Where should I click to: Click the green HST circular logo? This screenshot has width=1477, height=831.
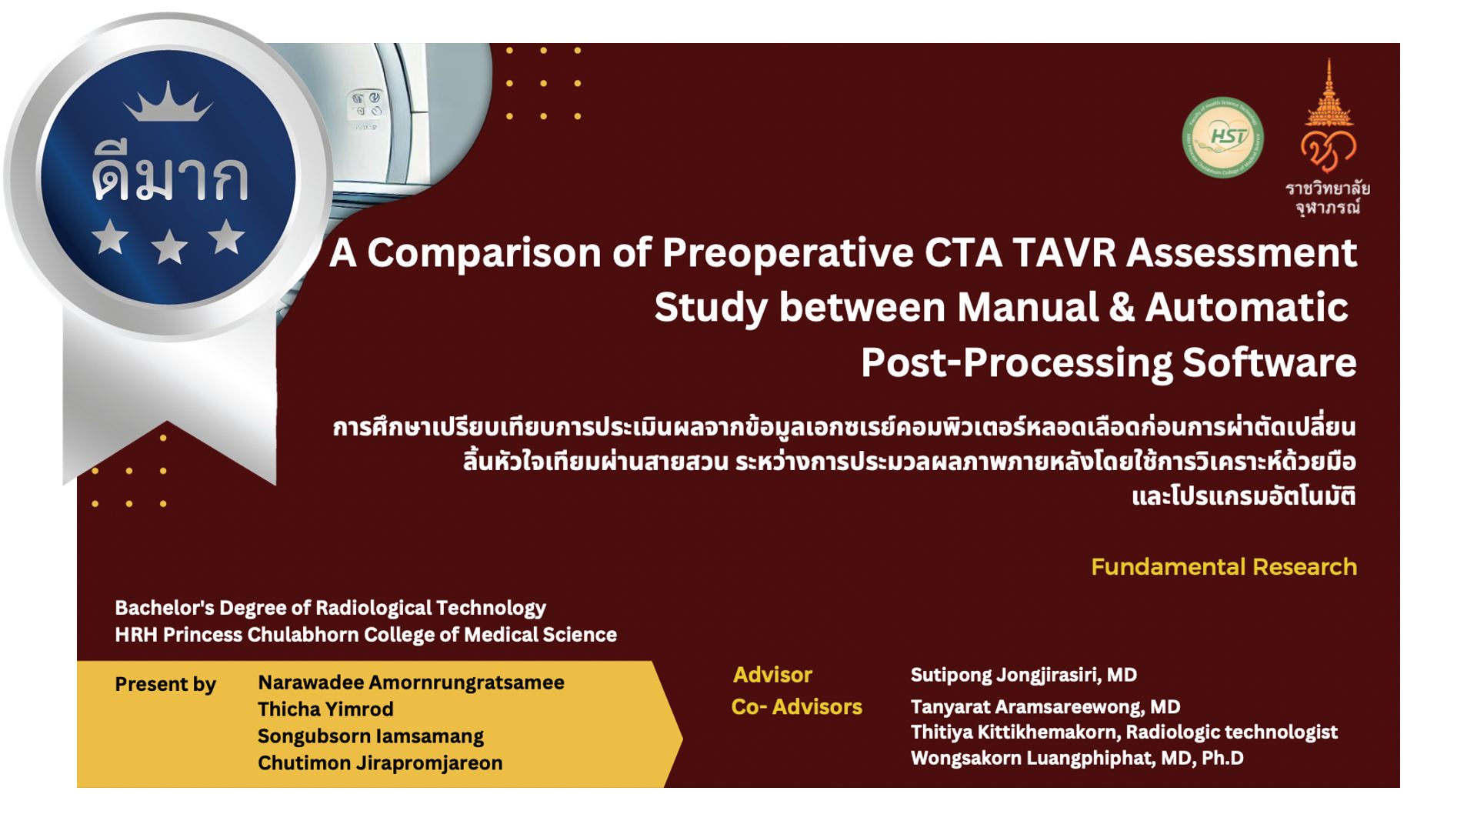tap(1222, 137)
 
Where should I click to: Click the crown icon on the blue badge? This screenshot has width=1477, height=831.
tap(168, 102)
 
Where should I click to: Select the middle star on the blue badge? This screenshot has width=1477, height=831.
tap(169, 247)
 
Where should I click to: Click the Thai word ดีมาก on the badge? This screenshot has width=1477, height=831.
tap(170, 177)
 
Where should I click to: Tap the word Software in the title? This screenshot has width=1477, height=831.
tap(1269, 362)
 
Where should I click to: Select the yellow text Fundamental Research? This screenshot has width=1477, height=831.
tap(1224, 567)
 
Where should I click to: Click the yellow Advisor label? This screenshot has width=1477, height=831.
tap(772, 675)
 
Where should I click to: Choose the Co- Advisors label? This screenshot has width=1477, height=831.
tap(797, 707)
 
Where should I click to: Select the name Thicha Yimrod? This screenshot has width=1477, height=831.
tap(325, 709)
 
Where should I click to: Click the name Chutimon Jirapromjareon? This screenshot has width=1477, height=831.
tap(380, 763)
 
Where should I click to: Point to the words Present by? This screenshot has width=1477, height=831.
tap(165, 684)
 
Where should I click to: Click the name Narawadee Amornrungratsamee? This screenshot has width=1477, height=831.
tap(411, 682)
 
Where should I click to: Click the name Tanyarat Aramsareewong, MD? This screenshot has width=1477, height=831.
tap(1045, 707)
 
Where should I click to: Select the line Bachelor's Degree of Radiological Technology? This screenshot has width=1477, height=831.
tap(331, 608)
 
